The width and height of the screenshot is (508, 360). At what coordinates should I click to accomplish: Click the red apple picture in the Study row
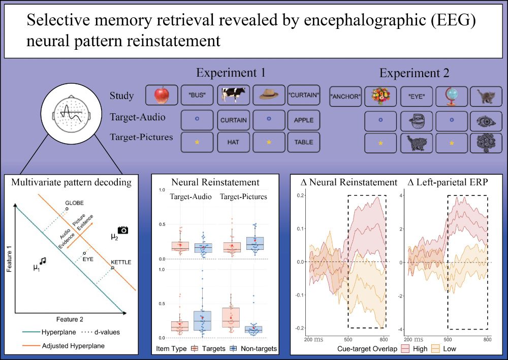[x=161, y=95]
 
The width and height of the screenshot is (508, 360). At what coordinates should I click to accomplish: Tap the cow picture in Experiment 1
[x=233, y=95]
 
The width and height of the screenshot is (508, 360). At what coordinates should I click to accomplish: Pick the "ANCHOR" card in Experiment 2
[x=345, y=96]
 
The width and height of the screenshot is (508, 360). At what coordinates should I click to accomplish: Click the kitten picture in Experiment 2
[x=487, y=96]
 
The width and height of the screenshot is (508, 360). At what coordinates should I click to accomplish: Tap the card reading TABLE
[x=303, y=143]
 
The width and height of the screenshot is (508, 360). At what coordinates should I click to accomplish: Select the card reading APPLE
[x=303, y=120]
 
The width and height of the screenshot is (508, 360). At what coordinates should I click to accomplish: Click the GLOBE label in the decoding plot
[x=74, y=203]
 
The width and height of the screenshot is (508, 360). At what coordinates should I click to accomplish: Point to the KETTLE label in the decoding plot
[x=121, y=261]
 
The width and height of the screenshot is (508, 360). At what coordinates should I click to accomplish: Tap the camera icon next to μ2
[x=122, y=230]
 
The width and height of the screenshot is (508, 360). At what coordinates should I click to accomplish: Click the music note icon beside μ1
[x=43, y=260]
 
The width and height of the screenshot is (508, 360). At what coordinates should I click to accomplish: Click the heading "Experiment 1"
[x=231, y=72]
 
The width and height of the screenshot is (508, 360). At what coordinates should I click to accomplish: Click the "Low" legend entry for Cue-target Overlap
[x=442, y=349]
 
